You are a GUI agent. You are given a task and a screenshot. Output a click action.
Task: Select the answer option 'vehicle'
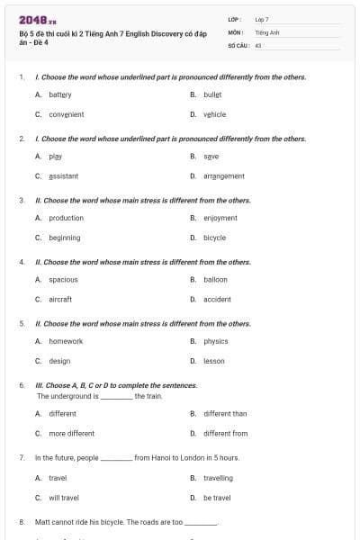214,114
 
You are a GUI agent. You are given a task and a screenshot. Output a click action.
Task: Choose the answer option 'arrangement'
223,176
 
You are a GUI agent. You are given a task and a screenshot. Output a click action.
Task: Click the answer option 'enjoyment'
220,218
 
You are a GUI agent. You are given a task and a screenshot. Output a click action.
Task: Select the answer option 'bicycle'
214,238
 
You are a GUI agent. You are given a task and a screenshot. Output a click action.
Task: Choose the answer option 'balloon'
215,279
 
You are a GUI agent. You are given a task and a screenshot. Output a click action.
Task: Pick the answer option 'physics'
216,341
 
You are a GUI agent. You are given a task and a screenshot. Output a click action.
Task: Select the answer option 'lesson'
214,361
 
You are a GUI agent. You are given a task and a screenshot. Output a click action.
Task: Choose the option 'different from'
225,433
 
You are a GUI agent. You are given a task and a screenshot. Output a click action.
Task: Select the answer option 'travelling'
218,478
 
